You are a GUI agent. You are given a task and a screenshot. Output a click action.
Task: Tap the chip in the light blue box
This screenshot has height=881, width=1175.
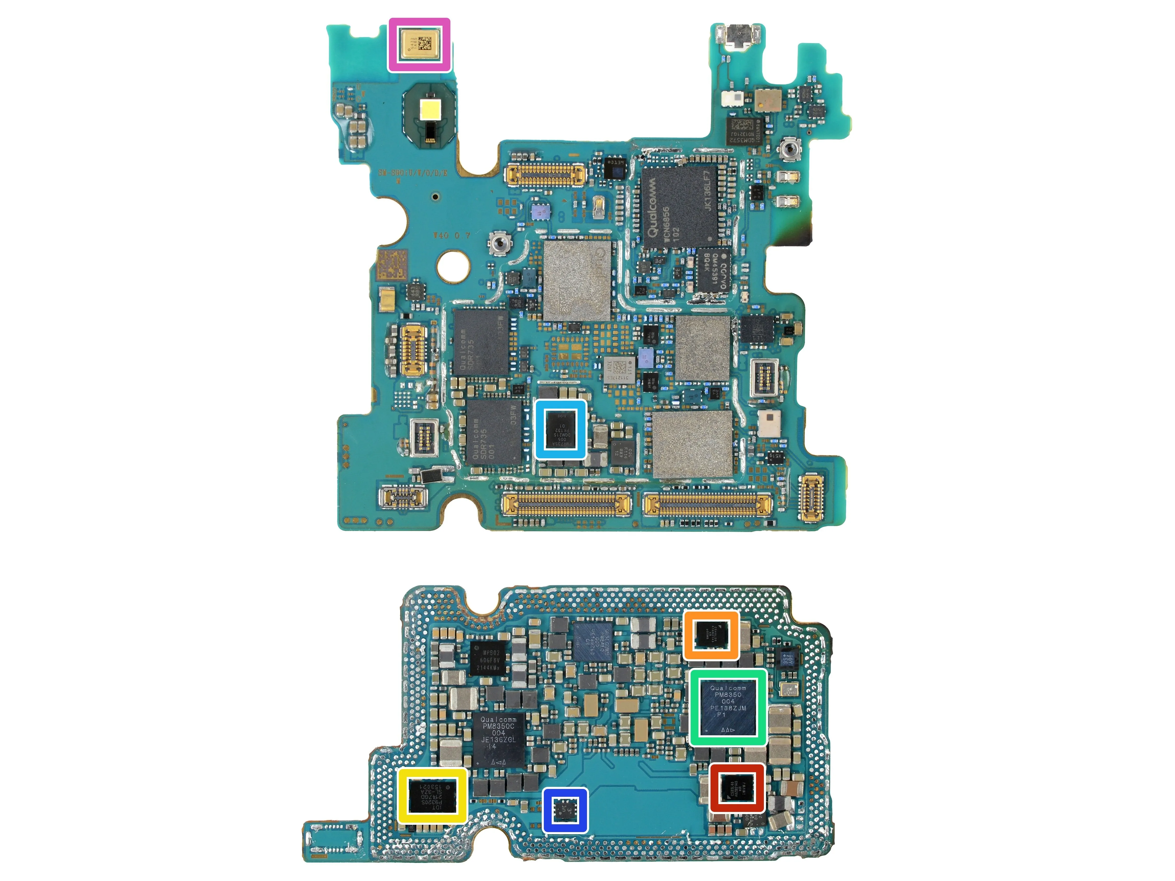tap(560, 429)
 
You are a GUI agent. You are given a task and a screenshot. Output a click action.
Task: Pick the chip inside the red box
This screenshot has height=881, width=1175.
tap(737, 788)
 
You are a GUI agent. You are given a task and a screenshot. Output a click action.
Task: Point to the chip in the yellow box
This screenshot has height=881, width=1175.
tap(432, 795)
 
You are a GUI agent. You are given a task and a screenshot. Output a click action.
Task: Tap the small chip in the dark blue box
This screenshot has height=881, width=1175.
tap(565, 810)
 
